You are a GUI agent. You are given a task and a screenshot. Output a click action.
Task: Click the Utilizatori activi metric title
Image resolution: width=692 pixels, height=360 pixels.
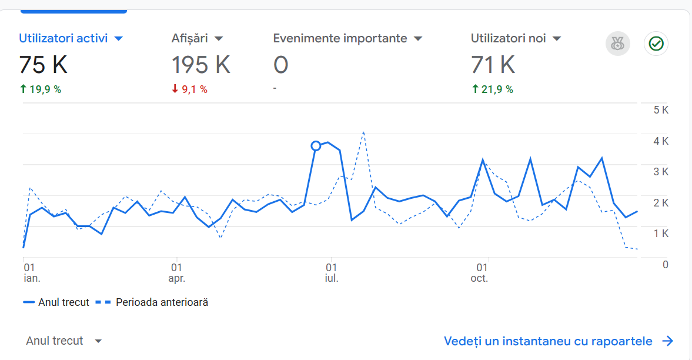click(x=63, y=39)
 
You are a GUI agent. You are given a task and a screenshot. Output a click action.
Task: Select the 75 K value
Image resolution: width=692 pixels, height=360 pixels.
click(x=43, y=65)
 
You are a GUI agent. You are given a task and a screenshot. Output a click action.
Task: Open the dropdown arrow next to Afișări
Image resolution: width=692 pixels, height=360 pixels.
click(x=219, y=39)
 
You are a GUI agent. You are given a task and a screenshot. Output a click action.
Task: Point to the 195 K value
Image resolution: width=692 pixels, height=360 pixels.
click(x=200, y=65)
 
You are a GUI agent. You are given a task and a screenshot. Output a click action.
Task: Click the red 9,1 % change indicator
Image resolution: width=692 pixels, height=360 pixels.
click(x=189, y=89)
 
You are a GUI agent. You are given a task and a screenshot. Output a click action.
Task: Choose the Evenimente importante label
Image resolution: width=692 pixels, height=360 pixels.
click(x=340, y=39)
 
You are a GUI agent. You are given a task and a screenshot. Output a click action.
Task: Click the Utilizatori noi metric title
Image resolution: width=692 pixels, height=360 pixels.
click(x=509, y=39)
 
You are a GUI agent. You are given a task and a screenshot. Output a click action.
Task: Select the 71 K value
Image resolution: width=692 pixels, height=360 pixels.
click(x=493, y=65)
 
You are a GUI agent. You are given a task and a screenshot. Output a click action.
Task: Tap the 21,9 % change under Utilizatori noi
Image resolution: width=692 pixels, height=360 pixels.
click(x=492, y=89)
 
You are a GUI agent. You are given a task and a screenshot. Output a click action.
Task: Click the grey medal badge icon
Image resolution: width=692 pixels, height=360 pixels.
click(x=617, y=44)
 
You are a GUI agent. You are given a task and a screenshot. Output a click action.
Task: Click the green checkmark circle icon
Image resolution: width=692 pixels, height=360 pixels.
click(x=656, y=44)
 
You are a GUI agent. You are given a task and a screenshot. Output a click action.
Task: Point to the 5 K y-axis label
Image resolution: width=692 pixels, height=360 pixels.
click(x=661, y=111)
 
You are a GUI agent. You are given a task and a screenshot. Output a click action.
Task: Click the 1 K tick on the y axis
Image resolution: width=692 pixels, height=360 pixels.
click(x=661, y=234)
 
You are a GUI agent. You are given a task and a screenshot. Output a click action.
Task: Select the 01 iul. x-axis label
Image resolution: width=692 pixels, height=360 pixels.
click(x=332, y=272)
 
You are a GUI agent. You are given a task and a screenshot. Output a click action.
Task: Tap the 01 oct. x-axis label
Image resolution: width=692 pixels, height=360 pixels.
click(x=479, y=272)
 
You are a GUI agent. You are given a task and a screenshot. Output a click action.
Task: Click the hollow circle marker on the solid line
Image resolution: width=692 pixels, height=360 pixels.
click(x=316, y=146)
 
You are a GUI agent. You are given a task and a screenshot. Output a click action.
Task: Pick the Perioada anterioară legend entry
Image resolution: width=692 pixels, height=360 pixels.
click(x=162, y=302)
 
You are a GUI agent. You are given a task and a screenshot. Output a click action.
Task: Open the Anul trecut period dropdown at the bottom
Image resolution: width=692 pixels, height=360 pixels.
click(x=64, y=341)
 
